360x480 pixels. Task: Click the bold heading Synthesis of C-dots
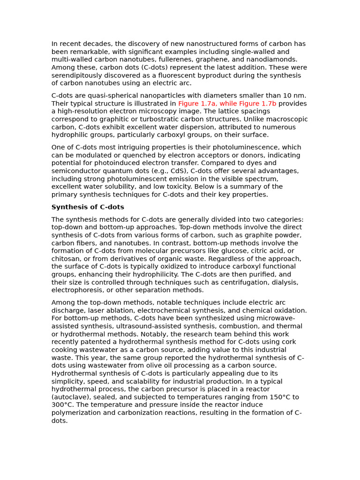pyautogui.click(x=88, y=207)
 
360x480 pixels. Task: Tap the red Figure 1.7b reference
pyautogui.click(x=262, y=104)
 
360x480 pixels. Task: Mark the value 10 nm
pyautogui.click(x=295, y=96)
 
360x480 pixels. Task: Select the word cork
pyautogui.click(x=288, y=342)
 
